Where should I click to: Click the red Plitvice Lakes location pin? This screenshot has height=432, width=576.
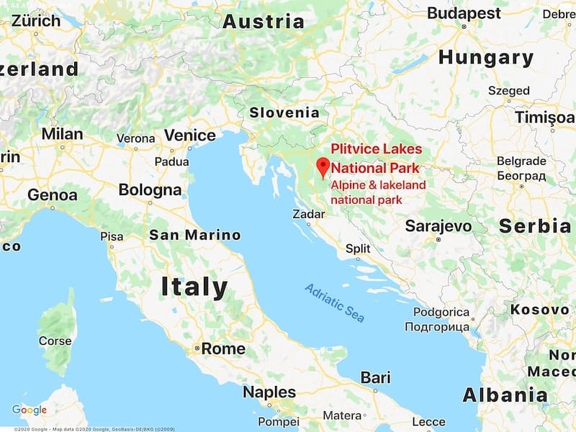tap(323, 167)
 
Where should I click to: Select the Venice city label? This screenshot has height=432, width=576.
tap(189, 135)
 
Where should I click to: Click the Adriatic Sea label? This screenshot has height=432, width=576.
tap(335, 302)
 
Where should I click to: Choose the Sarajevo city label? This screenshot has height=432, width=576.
tap(438, 226)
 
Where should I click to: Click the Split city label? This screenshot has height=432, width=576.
tap(358, 248)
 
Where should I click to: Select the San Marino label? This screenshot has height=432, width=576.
tap(194, 235)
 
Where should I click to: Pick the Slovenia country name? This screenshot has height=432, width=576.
tap(284, 112)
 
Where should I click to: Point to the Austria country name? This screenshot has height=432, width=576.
tap(263, 22)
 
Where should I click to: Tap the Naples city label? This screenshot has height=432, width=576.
tap(269, 392)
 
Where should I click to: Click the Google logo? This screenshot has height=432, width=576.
tap(30, 410)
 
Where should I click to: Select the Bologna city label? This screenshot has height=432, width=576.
tap(150, 191)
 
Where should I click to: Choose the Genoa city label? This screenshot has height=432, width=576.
tap(52, 194)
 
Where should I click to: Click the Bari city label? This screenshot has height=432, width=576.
tap(375, 377)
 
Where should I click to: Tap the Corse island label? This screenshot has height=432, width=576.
tap(55, 341)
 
